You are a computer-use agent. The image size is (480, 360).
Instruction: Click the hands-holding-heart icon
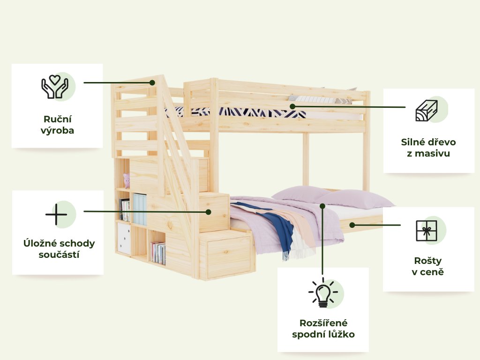click(x=55, y=86)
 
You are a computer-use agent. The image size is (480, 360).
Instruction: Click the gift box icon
click(x=426, y=231)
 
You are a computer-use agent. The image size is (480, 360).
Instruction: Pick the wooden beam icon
click(x=426, y=111)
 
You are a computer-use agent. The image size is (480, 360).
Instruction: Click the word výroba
click(x=57, y=130)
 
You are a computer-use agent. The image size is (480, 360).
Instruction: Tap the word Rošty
click(x=427, y=260)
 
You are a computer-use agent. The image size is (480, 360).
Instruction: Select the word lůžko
click(x=342, y=335)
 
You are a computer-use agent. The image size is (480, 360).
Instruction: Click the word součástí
click(x=59, y=255)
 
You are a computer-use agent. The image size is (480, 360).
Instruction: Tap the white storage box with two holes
click(x=124, y=238)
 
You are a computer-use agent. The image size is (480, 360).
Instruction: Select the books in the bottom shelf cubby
click(x=158, y=253)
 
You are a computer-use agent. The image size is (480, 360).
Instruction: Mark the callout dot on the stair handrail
click(x=152, y=82)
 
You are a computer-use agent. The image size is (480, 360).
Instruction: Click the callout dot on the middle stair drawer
click(x=209, y=212)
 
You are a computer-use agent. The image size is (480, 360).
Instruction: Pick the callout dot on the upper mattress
click(x=292, y=106)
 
